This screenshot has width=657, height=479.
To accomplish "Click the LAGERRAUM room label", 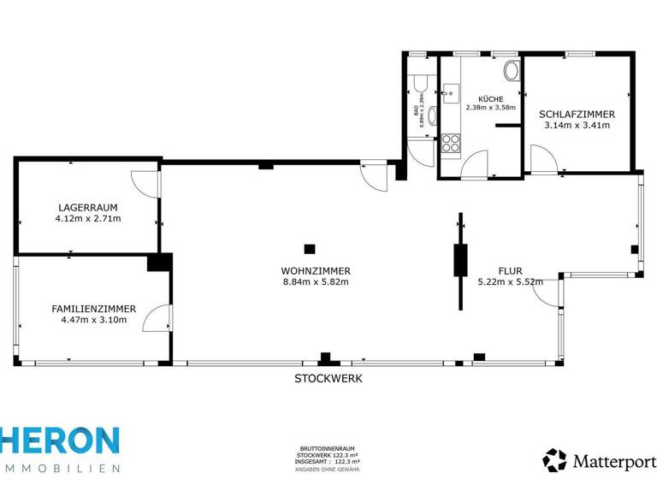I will pyautogui.click(x=88, y=207).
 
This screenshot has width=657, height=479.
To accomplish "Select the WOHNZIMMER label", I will pyautogui.click(x=316, y=270).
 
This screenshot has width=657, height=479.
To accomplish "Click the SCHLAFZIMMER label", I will pyautogui.click(x=577, y=114).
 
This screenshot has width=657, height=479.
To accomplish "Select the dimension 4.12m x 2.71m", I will pyautogui.click(x=88, y=218).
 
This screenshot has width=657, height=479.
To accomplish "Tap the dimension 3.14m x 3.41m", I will pyautogui.click(x=577, y=125).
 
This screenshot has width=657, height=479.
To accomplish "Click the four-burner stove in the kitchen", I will pyautogui.click(x=451, y=144).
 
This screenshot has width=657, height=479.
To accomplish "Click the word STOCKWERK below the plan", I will pyautogui.click(x=328, y=378).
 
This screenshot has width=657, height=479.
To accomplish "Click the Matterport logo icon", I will pyautogui.click(x=554, y=460).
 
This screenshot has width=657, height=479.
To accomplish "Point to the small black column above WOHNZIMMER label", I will pyautogui.click(x=310, y=249).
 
